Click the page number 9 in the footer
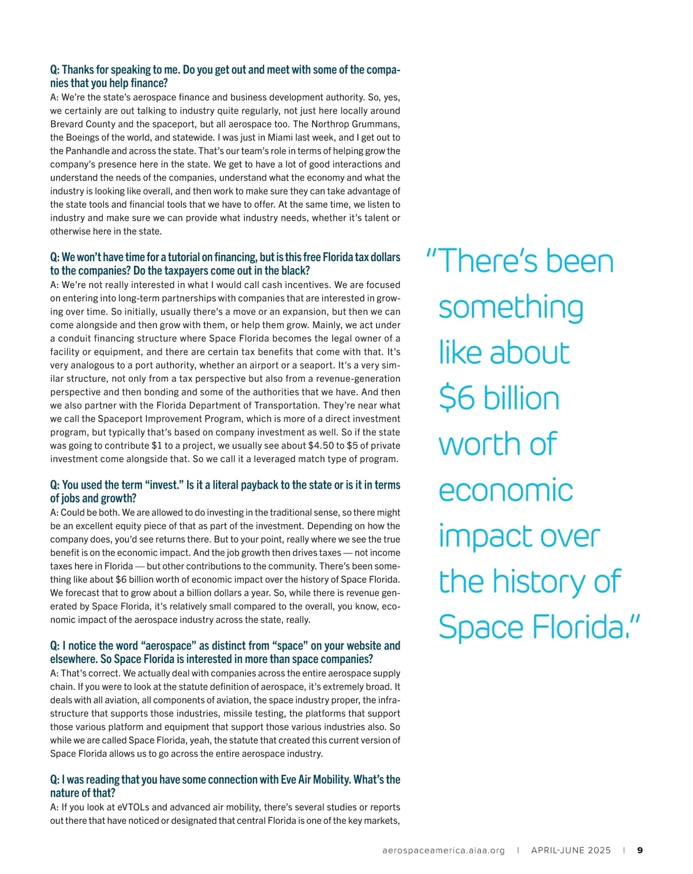click(640, 850)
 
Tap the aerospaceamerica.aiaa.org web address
click(444, 850)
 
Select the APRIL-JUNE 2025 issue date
click(571, 850)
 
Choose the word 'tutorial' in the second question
click(176, 257)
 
